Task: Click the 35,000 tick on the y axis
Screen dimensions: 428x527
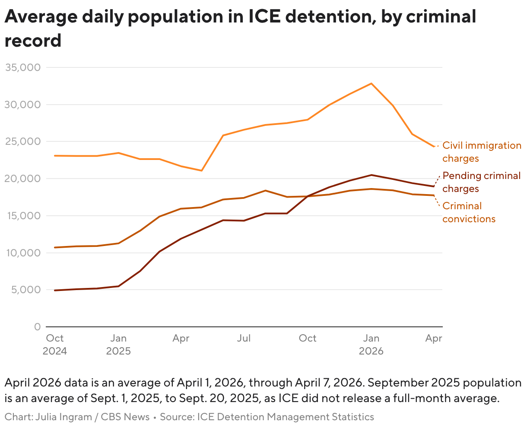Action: [x=22, y=67]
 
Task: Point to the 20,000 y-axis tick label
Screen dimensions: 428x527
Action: [x=22, y=179]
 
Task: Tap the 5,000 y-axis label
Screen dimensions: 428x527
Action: [x=25, y=290]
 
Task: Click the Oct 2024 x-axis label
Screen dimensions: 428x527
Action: [x=55, y=344]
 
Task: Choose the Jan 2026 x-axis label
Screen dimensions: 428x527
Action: [x=371, y=344]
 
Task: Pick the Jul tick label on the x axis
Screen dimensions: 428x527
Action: [x=244, y=338]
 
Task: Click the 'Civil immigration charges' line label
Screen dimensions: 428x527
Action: [x=482, y=152]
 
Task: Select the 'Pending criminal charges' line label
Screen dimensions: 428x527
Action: [x=481, y=182]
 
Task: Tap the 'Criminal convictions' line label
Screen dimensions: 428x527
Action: [x=469, y=212]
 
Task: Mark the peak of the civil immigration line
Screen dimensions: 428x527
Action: [x=371, y=83]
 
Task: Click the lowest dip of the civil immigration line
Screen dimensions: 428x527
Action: [x=202, y=170]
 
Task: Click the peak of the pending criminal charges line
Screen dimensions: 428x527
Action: [x=371, y=175]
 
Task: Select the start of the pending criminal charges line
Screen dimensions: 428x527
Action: [x=55, y=290]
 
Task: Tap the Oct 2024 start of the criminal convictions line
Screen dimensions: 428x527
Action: [x=55, y=247]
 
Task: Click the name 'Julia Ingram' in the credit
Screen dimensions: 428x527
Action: [x=63, y=417]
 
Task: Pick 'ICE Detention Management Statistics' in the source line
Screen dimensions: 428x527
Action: [x=286, y=417]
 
